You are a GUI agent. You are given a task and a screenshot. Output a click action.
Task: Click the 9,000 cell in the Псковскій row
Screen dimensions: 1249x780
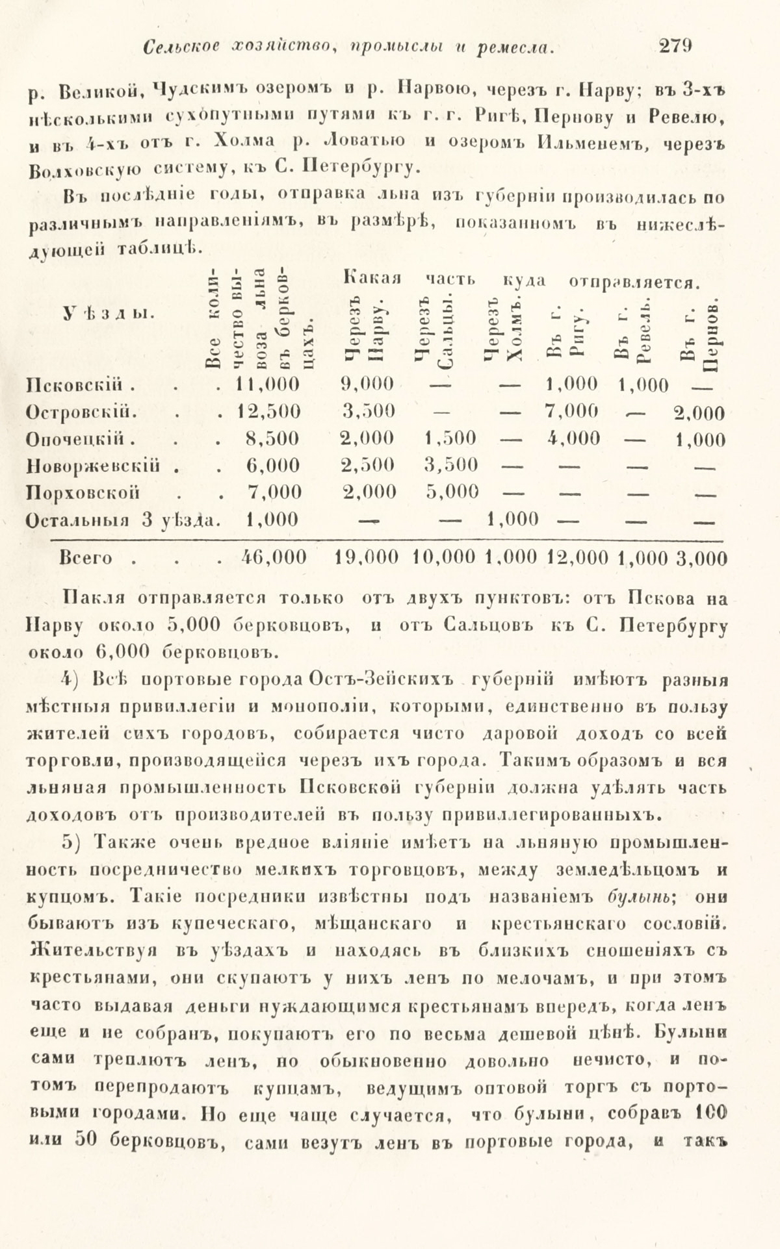[x=367, y=384]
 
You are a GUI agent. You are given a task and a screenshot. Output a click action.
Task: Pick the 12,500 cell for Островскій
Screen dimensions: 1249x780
[x=269, y=412]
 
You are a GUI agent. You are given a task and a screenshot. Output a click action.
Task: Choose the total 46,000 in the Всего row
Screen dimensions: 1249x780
[x=269, y=558]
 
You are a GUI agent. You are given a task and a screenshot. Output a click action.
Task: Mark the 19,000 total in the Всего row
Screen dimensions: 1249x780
[x=369, y=558]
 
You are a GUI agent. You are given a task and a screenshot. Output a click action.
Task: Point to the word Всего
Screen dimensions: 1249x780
[x=86, y=558]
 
